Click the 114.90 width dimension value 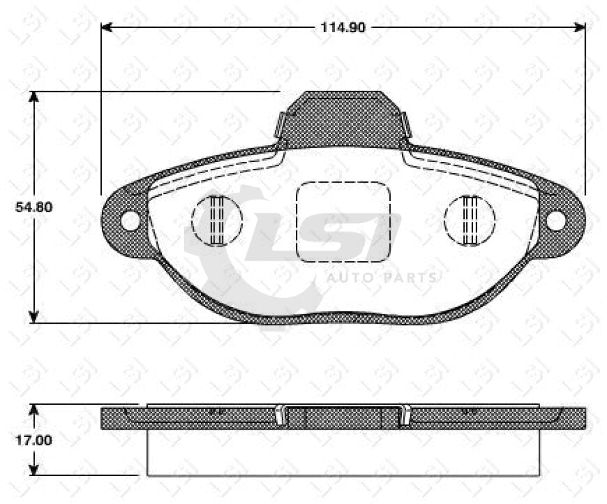point(343,28)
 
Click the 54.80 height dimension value point(34,208)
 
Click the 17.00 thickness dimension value point(33,441)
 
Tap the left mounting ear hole point(130,221)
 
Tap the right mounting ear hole point(555,220)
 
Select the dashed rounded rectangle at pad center point(343,222)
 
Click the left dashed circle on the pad point(217,220)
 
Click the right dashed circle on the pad point(469,220)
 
